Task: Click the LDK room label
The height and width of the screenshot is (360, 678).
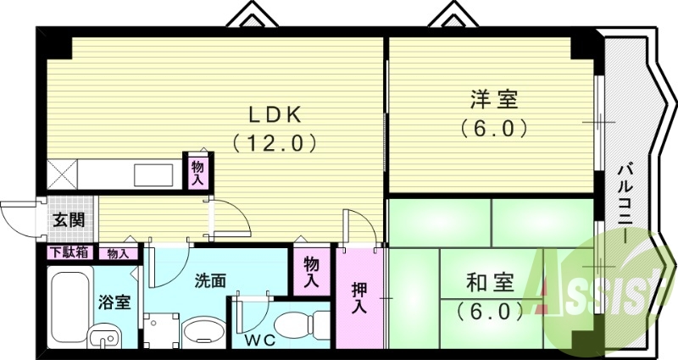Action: (x=274, y=114)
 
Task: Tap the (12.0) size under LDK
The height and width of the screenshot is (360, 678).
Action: (x=275, y=142)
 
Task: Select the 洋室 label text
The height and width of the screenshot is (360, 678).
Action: (x=494, y=100)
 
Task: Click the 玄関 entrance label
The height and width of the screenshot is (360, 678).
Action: (x=69, y=220)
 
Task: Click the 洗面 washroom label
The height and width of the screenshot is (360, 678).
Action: (x=209, y=280)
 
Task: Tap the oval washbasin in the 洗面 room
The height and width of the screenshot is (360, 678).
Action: (x=202, y=331)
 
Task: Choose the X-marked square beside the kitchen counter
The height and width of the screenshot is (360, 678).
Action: (x=63, y=175)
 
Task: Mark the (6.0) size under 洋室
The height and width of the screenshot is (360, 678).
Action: (x=494, y=129)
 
